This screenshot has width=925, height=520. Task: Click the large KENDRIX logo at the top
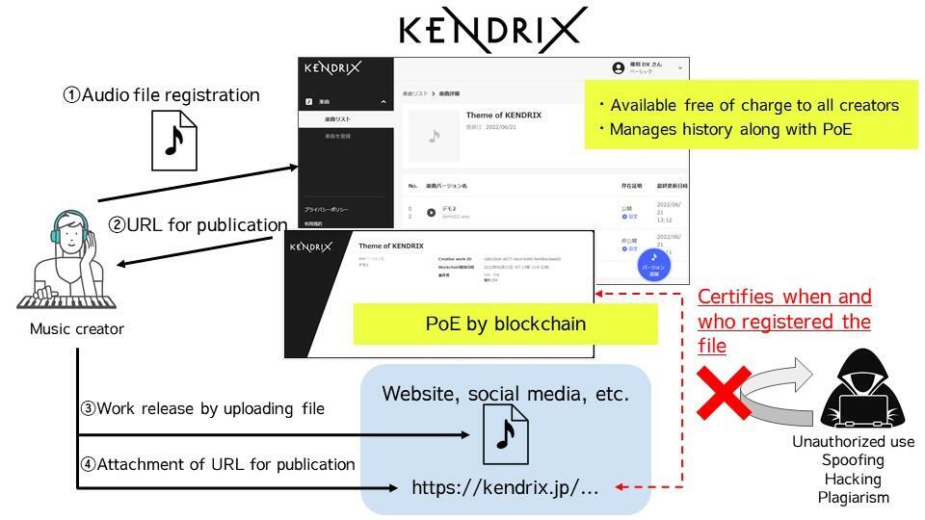pos(492,29)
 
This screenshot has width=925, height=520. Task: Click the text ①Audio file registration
pos(161,95)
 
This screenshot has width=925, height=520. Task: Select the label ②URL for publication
pos(198,225)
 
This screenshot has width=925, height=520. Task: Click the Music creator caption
pos(77,329)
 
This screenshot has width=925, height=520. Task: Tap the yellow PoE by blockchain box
pos(505,324)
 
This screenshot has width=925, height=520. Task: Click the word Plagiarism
pos(854,497)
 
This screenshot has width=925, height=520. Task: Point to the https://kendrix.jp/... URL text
pos(505,487)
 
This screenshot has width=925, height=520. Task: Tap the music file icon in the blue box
pos(505,432)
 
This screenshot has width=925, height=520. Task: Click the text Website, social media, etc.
pos(505,394)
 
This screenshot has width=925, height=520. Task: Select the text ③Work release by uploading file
pos(201,408)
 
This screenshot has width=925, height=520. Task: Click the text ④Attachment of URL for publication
pos(217,464)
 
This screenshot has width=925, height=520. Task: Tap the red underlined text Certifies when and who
pos(783,308)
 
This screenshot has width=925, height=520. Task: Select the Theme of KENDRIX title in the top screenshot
pos(503,116)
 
